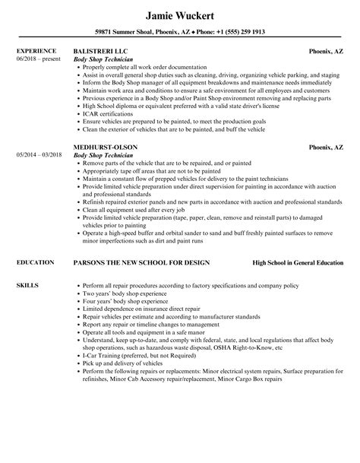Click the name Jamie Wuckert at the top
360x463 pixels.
click(181, 14)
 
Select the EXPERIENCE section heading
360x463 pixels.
click(36, 51)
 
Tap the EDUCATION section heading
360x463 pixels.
click(35, 262)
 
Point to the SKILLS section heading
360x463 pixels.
click(27, 284)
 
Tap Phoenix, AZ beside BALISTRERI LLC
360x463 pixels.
click(329, 51)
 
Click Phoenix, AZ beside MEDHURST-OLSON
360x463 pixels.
click(329, 146)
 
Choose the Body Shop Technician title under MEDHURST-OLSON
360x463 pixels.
click(103, 154)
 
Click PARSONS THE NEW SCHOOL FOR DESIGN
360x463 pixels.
click(142, 262)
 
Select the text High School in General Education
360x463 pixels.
click(298, 262)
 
